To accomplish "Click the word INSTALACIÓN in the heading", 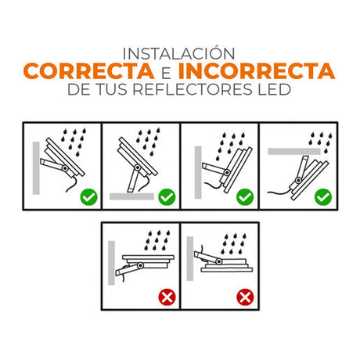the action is coord(178,53).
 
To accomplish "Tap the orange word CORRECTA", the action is coord(88,71).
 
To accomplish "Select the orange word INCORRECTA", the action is coord(257,71).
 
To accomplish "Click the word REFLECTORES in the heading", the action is coord(193,89).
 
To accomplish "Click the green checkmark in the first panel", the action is coord(88,197).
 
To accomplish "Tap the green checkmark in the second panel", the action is coord(167,197).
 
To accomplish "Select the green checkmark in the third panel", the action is coord(245,197).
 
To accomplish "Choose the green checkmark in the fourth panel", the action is coord(323,197).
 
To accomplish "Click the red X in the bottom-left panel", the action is coord(167,297).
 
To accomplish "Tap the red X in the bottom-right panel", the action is coord(245,297).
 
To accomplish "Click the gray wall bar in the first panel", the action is coord(36,168).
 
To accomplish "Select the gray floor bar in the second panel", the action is coord(131,196).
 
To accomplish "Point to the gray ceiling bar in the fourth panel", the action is coord(294,151).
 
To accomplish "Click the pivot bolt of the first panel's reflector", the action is coord(65,168).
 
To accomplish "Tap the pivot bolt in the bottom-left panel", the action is coord(141,266).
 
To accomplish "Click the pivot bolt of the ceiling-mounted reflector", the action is coord(298,180).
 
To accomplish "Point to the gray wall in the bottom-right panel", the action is coord(190,258).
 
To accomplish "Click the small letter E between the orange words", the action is coord(166,73).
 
